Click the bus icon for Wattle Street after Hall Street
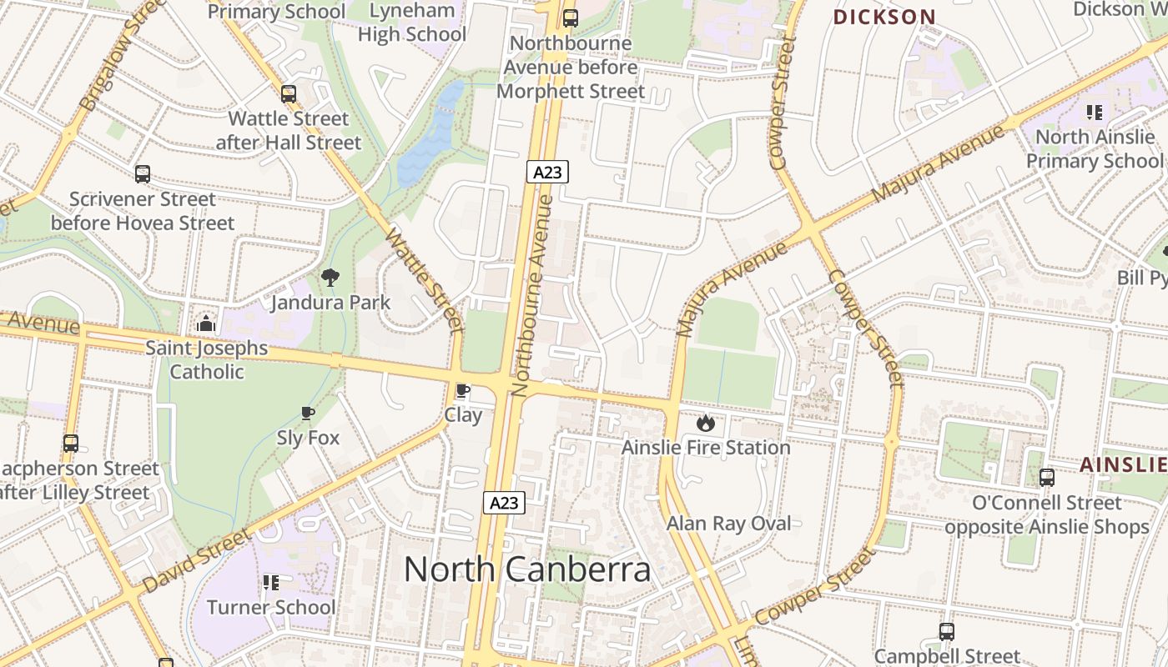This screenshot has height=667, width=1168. click(x=289, y=94)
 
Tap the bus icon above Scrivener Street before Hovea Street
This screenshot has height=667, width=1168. click(x=143, y=174)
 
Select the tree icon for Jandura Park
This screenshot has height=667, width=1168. click(x=330, y=277)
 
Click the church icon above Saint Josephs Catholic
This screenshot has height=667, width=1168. click(x=206, y=323)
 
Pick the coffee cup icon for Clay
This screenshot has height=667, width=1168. click(x=462, y=391)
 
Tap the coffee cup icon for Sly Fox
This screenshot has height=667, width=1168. click(x=308, y=413)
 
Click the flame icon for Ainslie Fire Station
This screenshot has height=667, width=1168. click(x=706, y=423)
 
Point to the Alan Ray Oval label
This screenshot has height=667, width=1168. click(x=728, y=524)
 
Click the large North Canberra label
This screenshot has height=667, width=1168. click(x=526, y=569)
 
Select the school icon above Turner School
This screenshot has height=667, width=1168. click(x=271, y=582)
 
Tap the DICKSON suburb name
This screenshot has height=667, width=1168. click(x=884, y=17)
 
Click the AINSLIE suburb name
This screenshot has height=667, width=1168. click(x=1123, y=465)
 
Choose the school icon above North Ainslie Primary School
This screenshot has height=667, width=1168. click(x=1094, y=112)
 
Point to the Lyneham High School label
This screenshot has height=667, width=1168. click(x=412, y=23)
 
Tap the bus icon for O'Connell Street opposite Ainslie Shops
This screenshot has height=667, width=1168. click(x=1046, y=478)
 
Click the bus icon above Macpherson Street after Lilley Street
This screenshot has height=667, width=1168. click(x=71, y=444)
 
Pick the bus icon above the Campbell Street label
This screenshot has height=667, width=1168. click(x=946, y=632)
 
